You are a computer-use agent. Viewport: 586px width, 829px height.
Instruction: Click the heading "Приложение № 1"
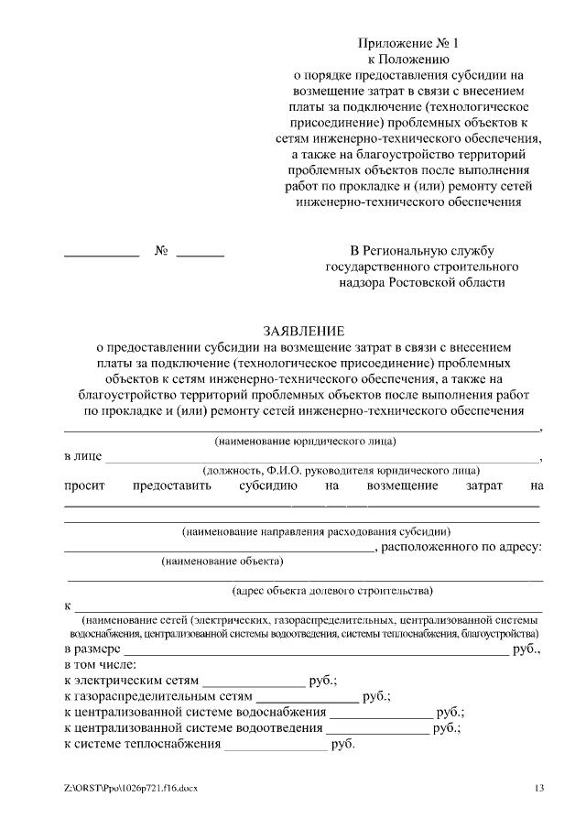click(408, 42)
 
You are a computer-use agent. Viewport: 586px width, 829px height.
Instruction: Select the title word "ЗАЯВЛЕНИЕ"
click(302, 331)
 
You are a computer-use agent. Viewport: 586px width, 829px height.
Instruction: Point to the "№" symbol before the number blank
click(161, 250)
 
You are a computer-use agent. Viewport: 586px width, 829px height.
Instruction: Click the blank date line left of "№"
click(101, 255)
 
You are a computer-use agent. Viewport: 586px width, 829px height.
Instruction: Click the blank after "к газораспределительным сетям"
click(307, 701)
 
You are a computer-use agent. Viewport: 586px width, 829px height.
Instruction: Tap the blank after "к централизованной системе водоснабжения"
click(381, 716)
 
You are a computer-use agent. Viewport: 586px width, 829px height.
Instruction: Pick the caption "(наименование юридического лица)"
click(305, 441)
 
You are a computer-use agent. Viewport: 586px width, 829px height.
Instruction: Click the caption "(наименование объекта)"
click(222, 561)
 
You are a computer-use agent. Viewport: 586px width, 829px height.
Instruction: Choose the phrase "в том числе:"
click(101, 664)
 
